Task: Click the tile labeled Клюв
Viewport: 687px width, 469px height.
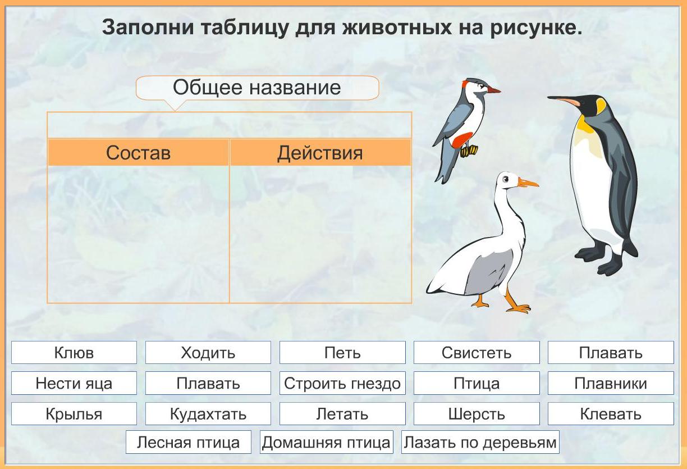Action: tap(74, 352)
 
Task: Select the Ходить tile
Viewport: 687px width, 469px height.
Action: tap(208, 352)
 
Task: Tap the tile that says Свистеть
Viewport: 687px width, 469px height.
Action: tap(477, 352)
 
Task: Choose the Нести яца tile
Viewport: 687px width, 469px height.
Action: tap(74, 383)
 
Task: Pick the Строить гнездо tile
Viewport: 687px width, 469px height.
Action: tap(342, 383)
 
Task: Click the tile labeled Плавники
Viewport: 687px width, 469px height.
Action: tap(611, 383)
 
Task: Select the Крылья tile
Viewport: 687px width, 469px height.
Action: tap(74, 414)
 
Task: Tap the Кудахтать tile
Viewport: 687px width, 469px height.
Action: tap(208, 414)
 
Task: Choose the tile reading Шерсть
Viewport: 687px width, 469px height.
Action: tap(477, 414)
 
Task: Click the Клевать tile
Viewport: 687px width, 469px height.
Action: tap(611, 414)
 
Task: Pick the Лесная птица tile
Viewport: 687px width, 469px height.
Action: tap(189, 442)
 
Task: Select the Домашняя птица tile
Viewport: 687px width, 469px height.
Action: tap(326, 442)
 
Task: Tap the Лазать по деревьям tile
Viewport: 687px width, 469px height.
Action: tap(480, 442)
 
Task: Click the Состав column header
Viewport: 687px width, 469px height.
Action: tap(138, 153)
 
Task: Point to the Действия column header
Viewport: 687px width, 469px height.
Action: tap(320, 153)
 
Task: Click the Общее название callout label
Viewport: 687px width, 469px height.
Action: tap(257, 88)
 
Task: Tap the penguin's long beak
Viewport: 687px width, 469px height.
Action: tap(564, 101)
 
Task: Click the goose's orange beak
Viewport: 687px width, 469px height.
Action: tap(528, 183)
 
